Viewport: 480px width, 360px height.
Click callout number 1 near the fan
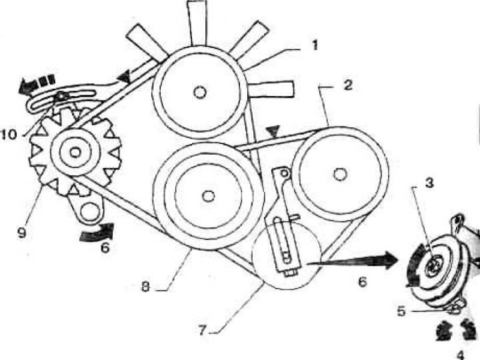[314, 46]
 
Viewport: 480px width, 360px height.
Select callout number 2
[347, 85]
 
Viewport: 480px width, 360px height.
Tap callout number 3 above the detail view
[430, 183]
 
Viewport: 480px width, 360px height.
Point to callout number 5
[401, 311]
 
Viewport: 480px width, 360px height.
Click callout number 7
[202, 331]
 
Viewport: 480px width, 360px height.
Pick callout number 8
[145, 287]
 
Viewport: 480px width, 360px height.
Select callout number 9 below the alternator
[22, 233]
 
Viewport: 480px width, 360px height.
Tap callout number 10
[9, 134]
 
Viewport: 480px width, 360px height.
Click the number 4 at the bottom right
[460, 356]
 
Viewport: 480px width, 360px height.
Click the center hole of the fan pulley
[200, 92]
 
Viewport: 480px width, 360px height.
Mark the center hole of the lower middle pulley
[209, 196]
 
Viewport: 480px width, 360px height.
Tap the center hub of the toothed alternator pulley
[74, 152]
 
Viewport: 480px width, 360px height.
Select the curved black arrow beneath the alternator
[97, 233]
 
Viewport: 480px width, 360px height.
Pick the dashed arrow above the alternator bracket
[37, 83]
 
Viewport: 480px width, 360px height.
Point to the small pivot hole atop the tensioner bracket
[284, 173]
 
